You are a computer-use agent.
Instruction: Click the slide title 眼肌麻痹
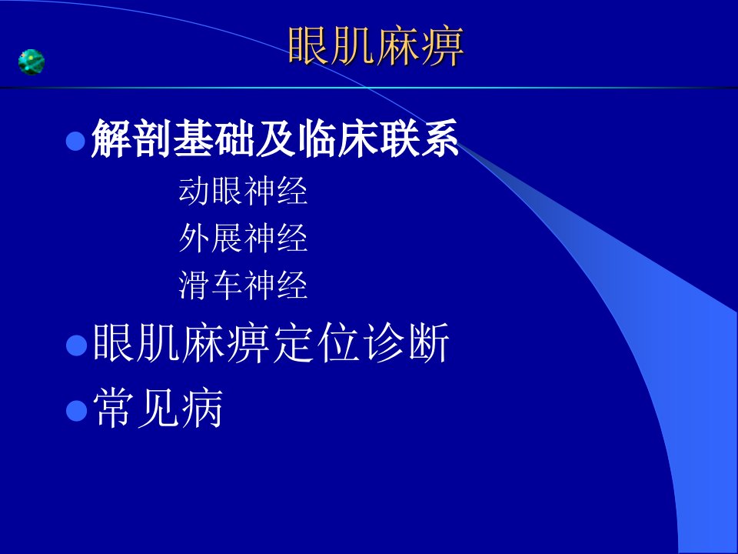click(376, 46)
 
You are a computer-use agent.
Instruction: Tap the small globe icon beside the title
click(32, 62)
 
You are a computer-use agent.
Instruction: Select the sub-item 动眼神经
click(243, 191)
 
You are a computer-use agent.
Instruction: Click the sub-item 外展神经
click(243, 238)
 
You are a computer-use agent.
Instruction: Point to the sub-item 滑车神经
click(243, 285)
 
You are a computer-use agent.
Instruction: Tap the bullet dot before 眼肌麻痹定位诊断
click(77, 345)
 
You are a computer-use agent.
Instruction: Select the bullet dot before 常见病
click(77, 410)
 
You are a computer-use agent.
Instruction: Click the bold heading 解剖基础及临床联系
click(275, 138)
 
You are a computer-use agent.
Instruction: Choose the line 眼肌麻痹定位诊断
click(271, 343)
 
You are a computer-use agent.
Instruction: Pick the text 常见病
click(158, 408)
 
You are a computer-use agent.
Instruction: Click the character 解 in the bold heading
click(111, 138)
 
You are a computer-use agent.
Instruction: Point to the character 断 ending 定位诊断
click(429, 343)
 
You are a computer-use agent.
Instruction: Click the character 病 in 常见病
click(202, 408)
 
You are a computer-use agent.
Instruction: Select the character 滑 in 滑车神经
click(194, 285)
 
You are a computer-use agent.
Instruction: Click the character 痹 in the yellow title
click(443, 46)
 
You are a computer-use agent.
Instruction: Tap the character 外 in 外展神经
click(194, 238)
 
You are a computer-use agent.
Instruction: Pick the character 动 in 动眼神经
click(194, 191)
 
